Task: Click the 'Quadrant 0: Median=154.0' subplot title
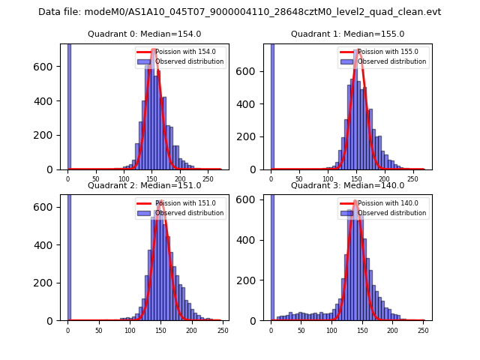pos(145,34)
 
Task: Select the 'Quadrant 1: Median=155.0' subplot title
pos(348,34)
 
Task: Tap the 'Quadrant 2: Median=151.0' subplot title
pos(145,185)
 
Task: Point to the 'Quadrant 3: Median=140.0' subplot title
pos(348,185)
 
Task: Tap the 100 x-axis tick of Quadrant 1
pos(328,179)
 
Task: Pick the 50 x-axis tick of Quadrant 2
pos(98,330)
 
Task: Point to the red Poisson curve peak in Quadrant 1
pos(358,50)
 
